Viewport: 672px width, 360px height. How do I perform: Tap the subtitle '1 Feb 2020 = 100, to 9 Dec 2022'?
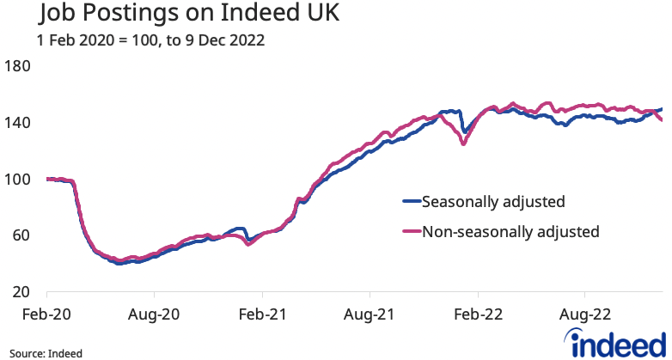[150, 40]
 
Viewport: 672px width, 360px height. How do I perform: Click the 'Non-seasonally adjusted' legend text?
[510, 231]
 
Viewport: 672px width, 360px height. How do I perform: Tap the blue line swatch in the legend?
[411, 203]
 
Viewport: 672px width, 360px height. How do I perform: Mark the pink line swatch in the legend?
[411, 232]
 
